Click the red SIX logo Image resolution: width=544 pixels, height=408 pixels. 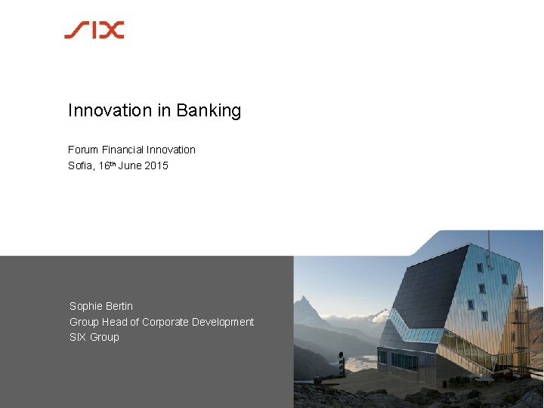pos(94,30)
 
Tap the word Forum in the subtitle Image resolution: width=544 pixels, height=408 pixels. pos(83,150)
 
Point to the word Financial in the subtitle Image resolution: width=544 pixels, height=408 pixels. pos(122,150)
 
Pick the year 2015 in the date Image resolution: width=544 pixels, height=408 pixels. pos(155,165)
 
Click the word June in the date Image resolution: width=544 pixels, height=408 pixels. pos(128,165)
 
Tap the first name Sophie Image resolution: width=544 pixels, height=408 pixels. pos(86,306)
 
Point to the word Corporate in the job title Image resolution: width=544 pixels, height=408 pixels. pos(165,322)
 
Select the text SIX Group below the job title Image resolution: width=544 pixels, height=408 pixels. pos(94,337)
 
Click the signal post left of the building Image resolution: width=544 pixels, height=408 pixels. pos(342,366)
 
